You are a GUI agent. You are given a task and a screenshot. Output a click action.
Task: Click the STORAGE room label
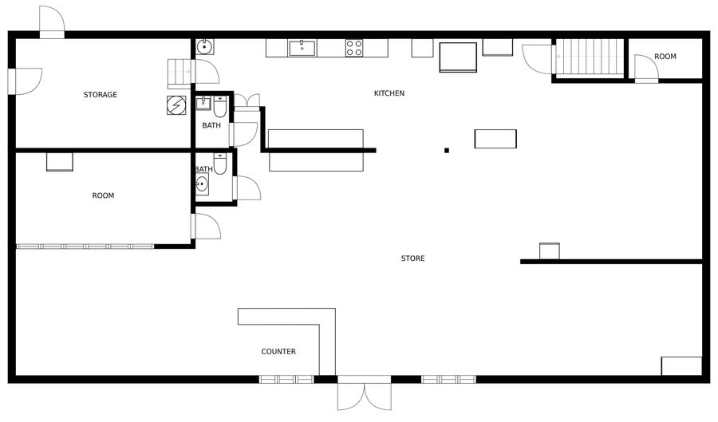101,95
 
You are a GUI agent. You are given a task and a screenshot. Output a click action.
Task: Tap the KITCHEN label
389,93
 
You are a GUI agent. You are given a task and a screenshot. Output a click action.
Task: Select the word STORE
412,258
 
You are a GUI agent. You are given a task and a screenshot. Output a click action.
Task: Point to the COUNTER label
278,352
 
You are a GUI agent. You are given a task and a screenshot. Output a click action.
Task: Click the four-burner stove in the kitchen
354,48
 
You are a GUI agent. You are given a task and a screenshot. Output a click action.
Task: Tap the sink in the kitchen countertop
302,48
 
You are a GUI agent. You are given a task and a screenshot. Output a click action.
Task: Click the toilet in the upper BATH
220,107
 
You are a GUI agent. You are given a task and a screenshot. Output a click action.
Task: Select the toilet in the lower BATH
220,164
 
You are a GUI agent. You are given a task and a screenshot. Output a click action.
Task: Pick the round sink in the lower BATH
202,184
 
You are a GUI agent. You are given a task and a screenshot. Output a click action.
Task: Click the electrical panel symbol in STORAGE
176,105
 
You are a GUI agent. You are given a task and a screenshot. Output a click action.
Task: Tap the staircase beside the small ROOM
590,57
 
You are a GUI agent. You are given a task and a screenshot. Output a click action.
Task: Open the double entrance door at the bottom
365,392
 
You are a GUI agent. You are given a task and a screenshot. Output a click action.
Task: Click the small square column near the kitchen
447,151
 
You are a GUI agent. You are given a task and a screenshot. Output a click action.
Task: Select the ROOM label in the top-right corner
665,57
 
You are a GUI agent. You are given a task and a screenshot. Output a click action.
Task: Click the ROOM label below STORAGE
103,196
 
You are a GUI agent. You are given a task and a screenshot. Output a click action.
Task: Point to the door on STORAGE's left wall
26,81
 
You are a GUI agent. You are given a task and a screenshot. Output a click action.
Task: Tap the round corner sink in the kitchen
204,47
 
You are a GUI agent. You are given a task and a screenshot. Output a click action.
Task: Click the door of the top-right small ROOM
646,69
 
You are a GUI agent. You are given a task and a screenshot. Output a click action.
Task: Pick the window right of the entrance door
448,380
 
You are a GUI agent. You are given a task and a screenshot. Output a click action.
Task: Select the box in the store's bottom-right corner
681,366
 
